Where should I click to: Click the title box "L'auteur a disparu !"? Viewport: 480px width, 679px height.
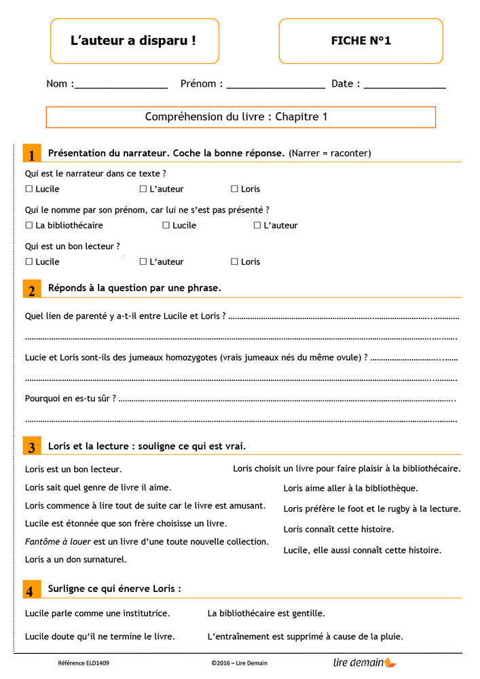point(134,41)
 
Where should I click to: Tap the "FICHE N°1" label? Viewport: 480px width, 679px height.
point(361,41)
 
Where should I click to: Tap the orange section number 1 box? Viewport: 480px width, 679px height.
point(31,153)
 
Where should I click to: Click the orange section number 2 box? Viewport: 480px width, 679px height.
point(31,289)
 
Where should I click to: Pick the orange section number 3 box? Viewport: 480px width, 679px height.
point(31,447)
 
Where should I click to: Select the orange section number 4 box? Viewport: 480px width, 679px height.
point(31,590)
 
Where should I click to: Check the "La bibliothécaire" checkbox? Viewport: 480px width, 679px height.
point(29,225)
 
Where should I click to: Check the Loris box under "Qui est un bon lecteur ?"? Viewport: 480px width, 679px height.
point(234,261)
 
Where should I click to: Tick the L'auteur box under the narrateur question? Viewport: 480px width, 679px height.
point(143,189)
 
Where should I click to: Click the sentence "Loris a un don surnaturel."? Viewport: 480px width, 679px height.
point(76,559)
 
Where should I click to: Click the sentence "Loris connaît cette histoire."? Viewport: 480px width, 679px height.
point(338,529)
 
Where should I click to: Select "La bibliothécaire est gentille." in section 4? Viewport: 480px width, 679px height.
point(266,613)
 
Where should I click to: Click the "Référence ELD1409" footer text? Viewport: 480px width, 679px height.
point(84,663)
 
